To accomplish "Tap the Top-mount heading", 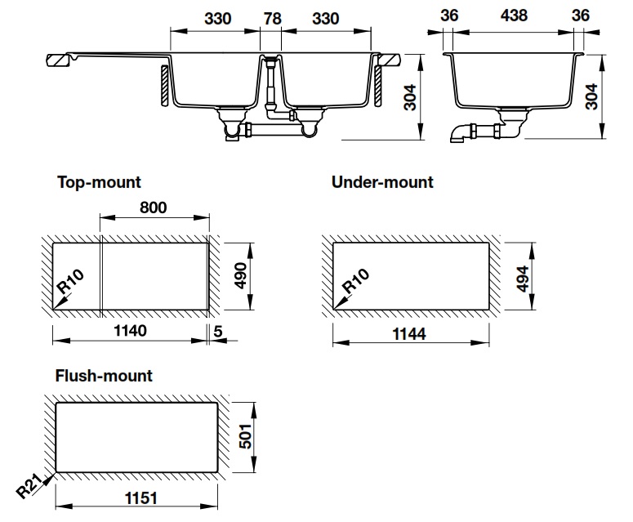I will coord(98,183).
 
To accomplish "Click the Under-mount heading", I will coord(382,182).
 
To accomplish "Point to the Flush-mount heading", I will coord(104,377).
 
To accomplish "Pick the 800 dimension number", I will coord(152,207).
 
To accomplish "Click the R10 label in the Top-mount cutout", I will coord(70,284).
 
